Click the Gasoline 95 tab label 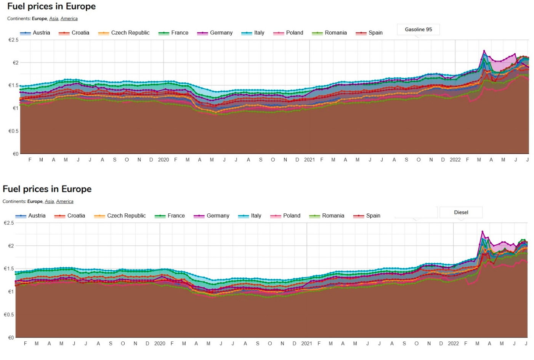pos(418,29)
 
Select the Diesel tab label pos(461,212)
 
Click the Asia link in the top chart pos(54,18)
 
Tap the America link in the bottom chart pos(64,201)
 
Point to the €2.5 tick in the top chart pos(13,40)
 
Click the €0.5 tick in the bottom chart pos(9,315)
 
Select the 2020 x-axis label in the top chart pos(163,160)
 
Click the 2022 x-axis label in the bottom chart pos(453,343)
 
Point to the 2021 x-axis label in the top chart pos(309,160)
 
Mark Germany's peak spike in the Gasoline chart pos(484,51)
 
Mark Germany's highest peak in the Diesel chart pos(482,231)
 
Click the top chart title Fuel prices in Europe pos(51,6)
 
